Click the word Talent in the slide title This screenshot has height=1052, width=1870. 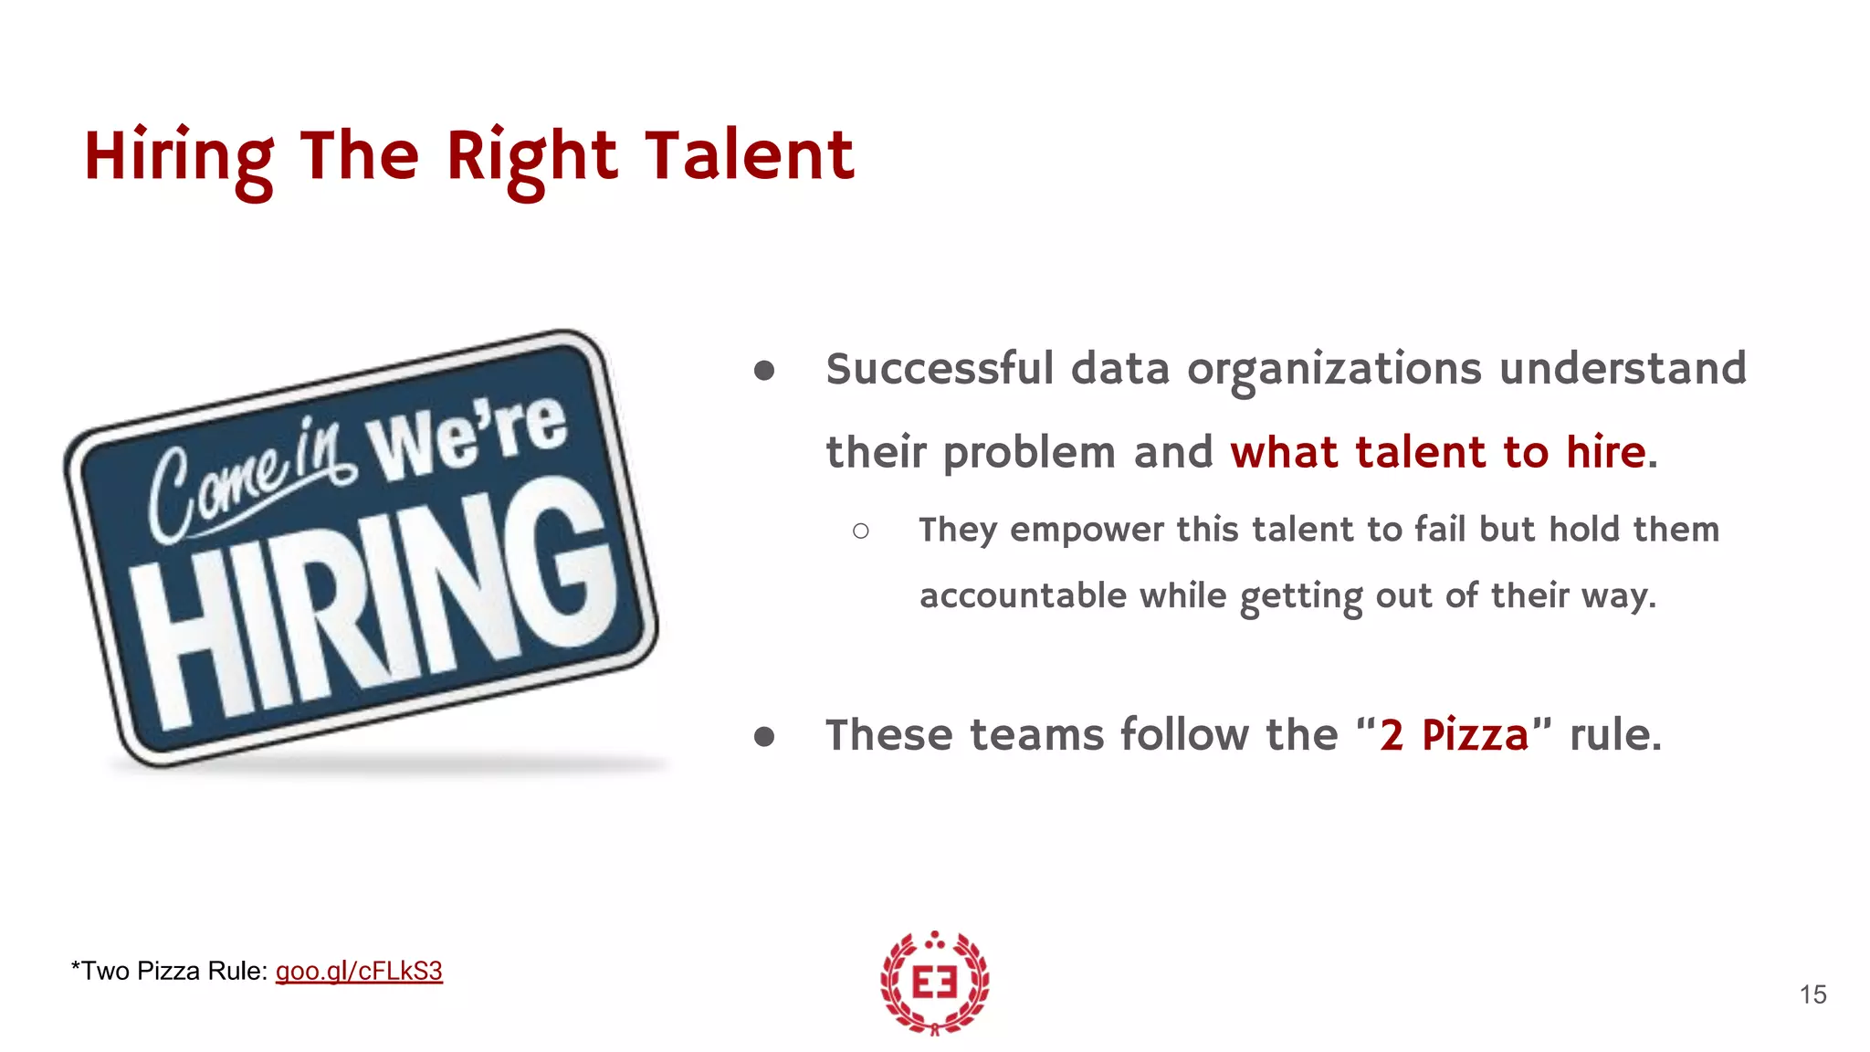[749, 156]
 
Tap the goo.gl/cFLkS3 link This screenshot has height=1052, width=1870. [359, 971]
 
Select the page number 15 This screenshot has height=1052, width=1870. [1812, 994]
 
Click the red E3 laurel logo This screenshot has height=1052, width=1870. [934, 983]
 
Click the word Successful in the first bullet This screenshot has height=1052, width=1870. [940, 370]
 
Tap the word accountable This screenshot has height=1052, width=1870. [1023, 596]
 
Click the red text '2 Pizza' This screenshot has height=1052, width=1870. [1454, 735]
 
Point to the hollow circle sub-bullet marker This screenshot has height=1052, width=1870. [860, 531]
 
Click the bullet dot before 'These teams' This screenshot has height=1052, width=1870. [764, 736]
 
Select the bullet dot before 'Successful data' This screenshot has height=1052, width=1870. [764, 371]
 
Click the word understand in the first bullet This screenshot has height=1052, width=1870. [1623, 370]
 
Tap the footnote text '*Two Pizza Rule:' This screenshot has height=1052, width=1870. [169, 971]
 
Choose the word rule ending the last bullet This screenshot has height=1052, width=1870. [1614, 735]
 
